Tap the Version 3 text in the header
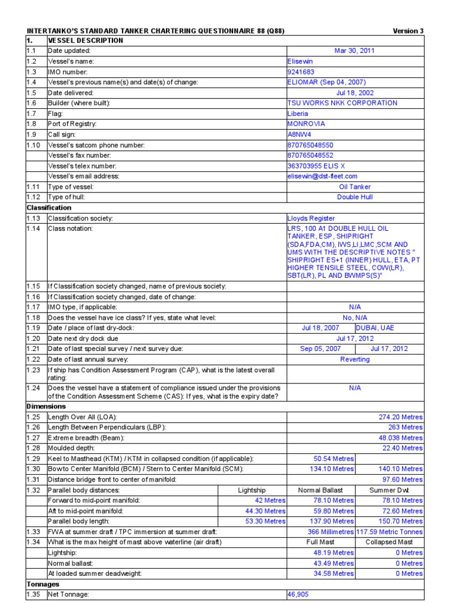(408, 31)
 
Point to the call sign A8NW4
(299, 134)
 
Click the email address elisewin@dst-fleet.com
(322, 176)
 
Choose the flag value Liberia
(298, 114)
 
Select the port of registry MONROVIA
(305, 124)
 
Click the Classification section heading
(49, 207)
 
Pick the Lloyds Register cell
(311, 218)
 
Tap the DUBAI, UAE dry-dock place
(374, 328)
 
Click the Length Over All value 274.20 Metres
(400, 417)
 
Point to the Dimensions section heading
(46, 406)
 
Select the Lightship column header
(251, 490)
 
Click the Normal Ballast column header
(320, 490)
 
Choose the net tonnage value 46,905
(297, 595)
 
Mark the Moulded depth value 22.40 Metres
(401, 448)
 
